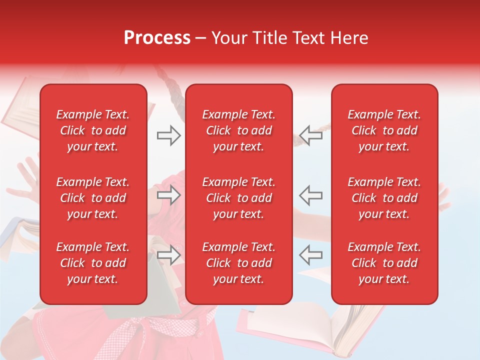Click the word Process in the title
(x=157, y=38)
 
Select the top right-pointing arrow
(x=168, y=135)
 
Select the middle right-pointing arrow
(x=168, y=195)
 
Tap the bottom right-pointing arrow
(x=168, y=255)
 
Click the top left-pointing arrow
(x=310, y=135)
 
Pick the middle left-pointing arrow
(x=310, y=195)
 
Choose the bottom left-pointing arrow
(x=310, y=255)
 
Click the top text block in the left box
(x=93, y=130)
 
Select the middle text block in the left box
(x=93, y=198)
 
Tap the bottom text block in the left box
(x=93, y=263)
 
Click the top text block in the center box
(x=238, y=130)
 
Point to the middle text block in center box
(x=238, y=198)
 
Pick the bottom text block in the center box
(x=238, y=263)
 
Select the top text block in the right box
(x=384, y=130)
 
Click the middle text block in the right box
(x=384, y=198)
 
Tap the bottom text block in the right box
(x=384, y=263)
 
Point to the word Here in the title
(x=350, y=38)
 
